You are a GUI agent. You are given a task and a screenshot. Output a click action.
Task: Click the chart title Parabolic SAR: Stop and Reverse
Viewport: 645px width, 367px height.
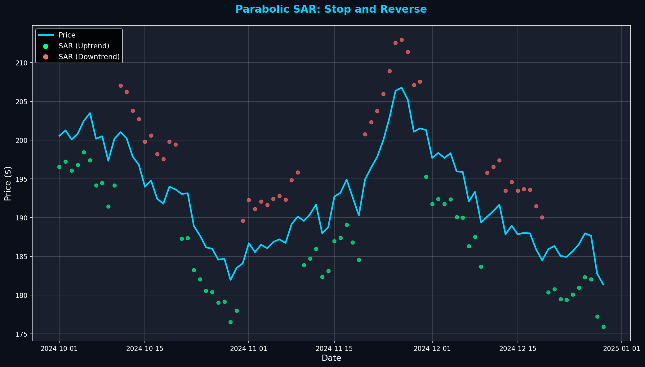coord(331,9)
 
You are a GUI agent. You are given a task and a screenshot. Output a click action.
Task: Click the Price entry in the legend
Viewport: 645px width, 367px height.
coord(67,35)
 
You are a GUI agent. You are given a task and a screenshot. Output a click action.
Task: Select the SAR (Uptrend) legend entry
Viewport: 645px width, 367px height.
coord(84,46)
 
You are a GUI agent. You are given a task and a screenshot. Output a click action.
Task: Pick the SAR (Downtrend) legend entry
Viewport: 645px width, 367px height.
coord(89,57)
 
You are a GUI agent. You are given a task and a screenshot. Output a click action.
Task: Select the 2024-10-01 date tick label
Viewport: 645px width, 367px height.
coord(59,349)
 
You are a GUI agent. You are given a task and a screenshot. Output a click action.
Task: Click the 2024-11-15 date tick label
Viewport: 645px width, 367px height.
coord(334,349)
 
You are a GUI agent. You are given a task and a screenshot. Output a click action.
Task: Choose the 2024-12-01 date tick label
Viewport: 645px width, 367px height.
coord(432,349)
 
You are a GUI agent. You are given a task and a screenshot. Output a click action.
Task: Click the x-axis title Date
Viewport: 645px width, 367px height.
coord(331,358)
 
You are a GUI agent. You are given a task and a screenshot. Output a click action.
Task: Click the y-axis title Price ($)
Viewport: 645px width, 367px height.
coord(8,183)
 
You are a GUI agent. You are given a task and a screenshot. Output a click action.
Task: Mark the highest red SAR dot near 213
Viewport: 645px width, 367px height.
coord(402,40)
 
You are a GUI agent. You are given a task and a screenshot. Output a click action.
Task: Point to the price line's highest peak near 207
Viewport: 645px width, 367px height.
coord(402,88)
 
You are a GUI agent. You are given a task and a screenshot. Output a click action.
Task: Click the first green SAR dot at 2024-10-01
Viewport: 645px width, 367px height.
coord(59,167)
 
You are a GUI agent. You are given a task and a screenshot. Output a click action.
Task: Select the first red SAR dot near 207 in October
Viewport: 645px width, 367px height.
coord(121,86)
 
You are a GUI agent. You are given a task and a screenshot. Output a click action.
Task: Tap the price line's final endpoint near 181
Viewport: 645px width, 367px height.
coord(603,285)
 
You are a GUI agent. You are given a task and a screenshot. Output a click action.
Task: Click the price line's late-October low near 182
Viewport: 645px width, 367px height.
coord(230,280)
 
